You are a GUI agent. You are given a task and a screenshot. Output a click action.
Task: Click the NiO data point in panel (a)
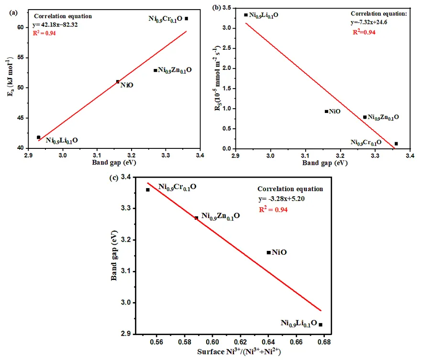point(118,82)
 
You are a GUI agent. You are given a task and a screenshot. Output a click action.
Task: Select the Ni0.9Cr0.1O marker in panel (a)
point(186,19)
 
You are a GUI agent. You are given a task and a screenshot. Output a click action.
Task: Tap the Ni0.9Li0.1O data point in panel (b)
point(246,15)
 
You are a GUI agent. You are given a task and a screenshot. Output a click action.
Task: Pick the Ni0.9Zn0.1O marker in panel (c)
point(196,218)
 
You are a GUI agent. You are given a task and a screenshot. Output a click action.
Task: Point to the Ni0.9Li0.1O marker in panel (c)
point(321,325)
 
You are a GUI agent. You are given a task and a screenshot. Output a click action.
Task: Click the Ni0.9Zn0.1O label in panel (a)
point(175,70)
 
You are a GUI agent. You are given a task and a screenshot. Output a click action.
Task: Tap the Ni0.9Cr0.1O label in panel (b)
point(366,142)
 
